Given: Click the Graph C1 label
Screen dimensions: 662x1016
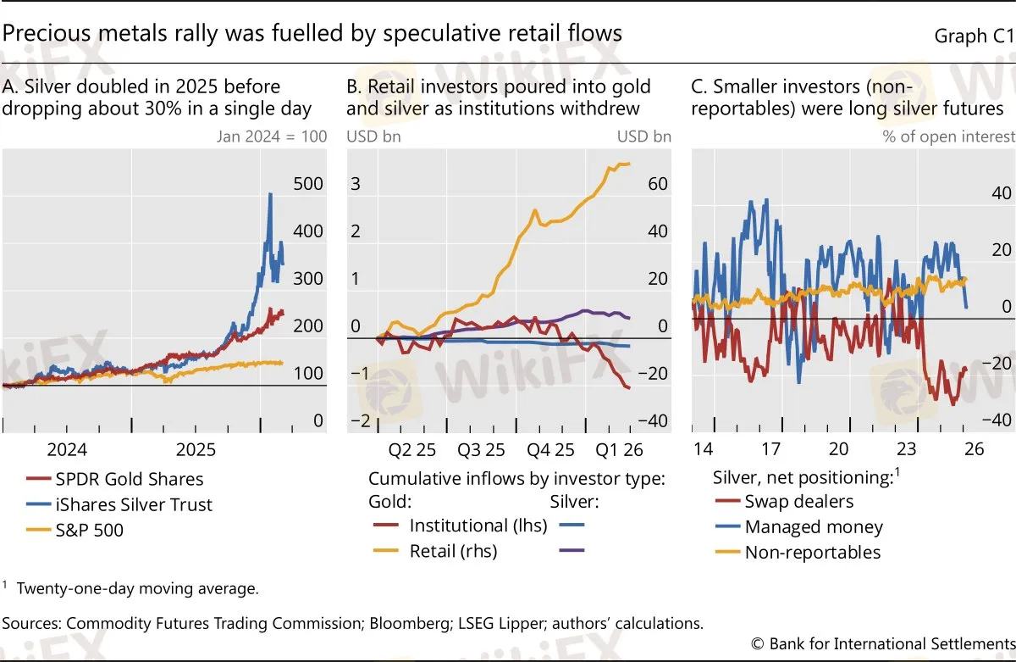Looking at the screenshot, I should (x=973, y=36).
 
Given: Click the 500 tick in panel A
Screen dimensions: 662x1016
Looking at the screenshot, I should (x=308, y=184).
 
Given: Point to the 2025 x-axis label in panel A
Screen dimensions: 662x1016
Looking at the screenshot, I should (x=196, y=448).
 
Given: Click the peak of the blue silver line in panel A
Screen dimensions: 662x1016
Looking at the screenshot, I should (x=270, y=194).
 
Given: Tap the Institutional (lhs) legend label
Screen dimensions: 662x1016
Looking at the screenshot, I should (x=478, y=526).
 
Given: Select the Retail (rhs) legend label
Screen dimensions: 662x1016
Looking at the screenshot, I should (x=453, y=551).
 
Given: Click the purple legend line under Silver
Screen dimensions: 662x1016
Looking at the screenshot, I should (x=572, y=551).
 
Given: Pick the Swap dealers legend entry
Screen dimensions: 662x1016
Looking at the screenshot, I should (x=798, y=501).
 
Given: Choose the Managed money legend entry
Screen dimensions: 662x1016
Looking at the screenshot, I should (x=813, y=527).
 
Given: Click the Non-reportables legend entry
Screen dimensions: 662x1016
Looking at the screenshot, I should (x=812, y=553).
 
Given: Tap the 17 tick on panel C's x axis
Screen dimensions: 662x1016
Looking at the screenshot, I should (x=770, y=448).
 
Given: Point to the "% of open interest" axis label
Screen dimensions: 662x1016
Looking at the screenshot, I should (x=948, y=136).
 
